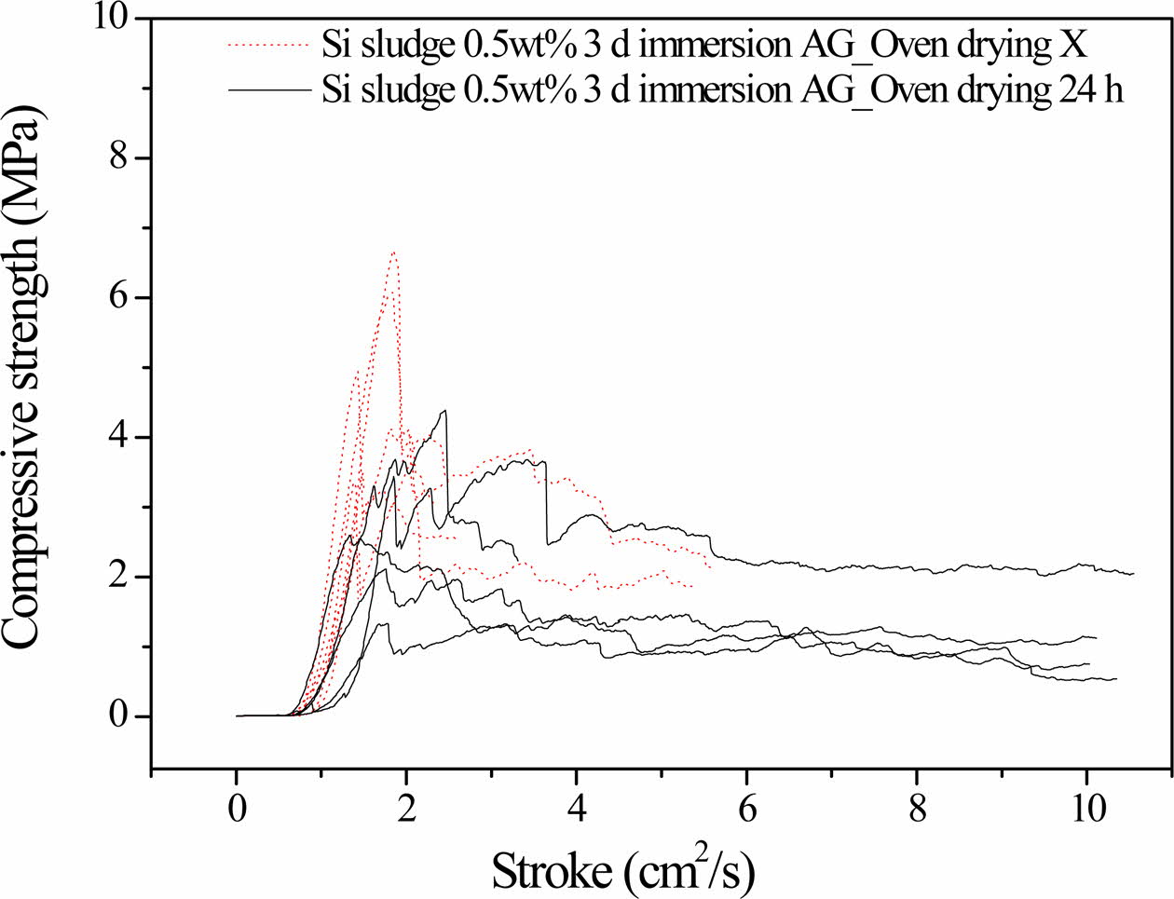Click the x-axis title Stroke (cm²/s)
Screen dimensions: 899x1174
click(x=621, y=870)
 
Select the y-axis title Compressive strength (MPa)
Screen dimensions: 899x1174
click(x=22, y=396)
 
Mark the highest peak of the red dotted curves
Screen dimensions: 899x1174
click(x=393, y=252)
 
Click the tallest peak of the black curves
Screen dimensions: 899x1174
click(x=445, y=410)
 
